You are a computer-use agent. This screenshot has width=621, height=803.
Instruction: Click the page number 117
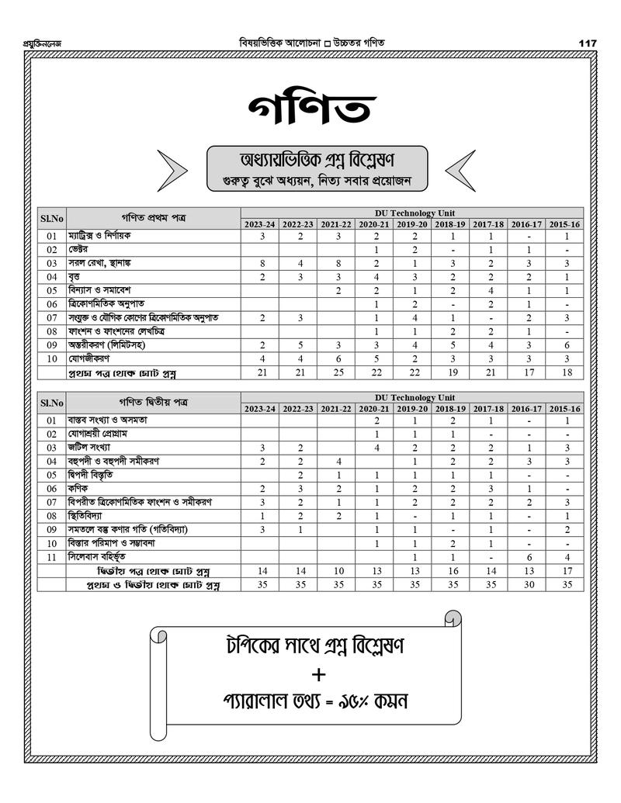(588, 43)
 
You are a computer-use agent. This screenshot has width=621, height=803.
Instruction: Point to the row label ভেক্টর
(78, 250)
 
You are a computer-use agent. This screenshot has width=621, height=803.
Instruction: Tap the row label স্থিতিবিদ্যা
(85, 515)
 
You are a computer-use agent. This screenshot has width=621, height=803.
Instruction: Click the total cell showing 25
(337, 373)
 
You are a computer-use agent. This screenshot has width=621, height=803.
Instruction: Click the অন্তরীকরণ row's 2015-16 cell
(567, 344)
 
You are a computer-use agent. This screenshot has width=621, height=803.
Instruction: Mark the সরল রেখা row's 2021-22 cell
(337, 263)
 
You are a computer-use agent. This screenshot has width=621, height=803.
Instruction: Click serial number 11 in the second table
(51, 556)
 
